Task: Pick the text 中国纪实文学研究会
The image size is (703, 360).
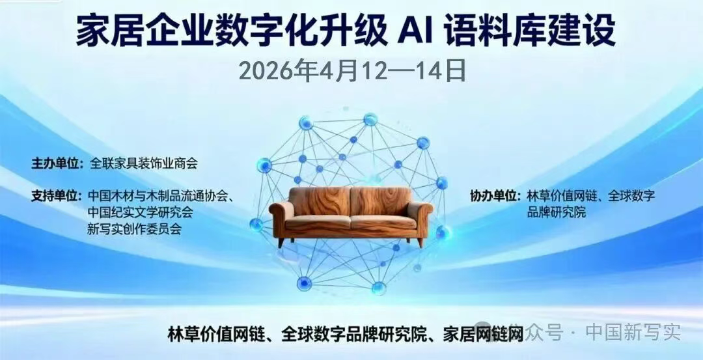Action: tap(140, 212)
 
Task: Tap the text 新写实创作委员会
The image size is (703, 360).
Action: tap(133, 228)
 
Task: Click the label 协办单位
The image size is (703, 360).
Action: tap(495, 195)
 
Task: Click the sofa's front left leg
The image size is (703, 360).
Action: tap(281, 242)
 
